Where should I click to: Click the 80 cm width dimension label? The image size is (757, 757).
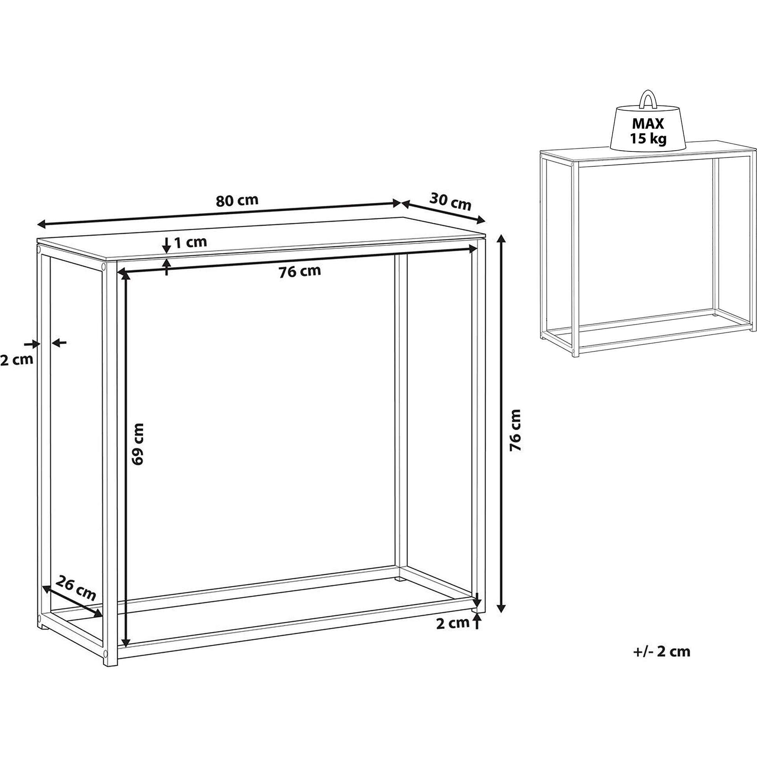(237, 200)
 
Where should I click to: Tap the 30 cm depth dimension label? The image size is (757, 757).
(450, 201)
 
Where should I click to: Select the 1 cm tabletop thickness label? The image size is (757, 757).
(190, 242)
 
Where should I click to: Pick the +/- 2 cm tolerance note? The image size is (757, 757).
(661, 651)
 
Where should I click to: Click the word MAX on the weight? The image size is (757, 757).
(648, 124)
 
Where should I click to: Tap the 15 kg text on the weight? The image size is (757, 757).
(648, 139)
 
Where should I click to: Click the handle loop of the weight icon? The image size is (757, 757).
(648, 99)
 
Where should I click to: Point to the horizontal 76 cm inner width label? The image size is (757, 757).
(300, 271)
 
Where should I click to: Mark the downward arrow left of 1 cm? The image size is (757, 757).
(166, 246)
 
